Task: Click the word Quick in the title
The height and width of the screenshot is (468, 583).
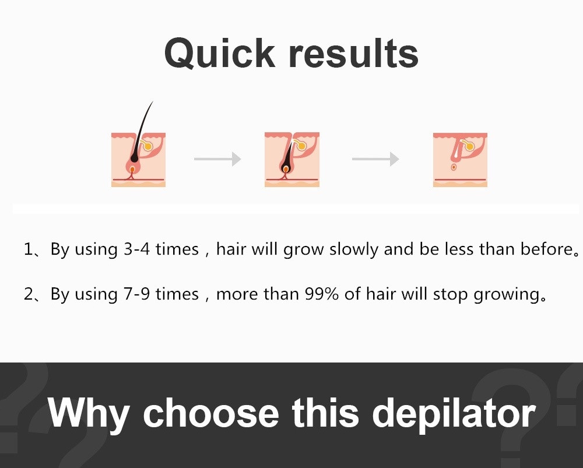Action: click(x=219, y=54)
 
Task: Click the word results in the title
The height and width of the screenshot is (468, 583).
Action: click(x=354, y=54)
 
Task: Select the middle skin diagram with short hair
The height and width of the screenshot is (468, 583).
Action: click(x=292, y=160)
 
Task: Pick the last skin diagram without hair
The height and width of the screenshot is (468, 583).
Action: click(x=460, y=160)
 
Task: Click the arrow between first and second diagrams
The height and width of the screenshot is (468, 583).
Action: click(x=217, y=159)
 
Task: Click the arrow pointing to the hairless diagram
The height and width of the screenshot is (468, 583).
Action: click(x=375, y=159)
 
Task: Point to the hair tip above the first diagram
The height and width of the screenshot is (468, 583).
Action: click(x=153, y=101)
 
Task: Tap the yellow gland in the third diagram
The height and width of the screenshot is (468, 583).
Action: click(x=469, y=146)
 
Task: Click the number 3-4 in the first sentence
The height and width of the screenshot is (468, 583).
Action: click(x=137, y=249)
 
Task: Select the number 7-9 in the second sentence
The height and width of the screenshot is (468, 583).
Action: click(x=137, y=294)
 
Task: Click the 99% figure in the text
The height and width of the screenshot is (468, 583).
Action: click(x=322, y=294)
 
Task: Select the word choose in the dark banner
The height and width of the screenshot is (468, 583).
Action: click(x=211, y=413)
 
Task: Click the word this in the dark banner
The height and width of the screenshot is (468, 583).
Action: click(x=325, y=413)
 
